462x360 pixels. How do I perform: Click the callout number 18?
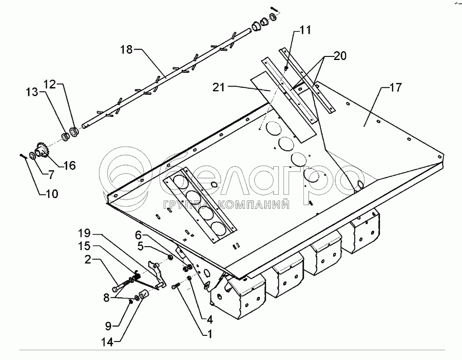(x=126, y=49)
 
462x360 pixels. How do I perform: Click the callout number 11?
(x=305, y=30)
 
